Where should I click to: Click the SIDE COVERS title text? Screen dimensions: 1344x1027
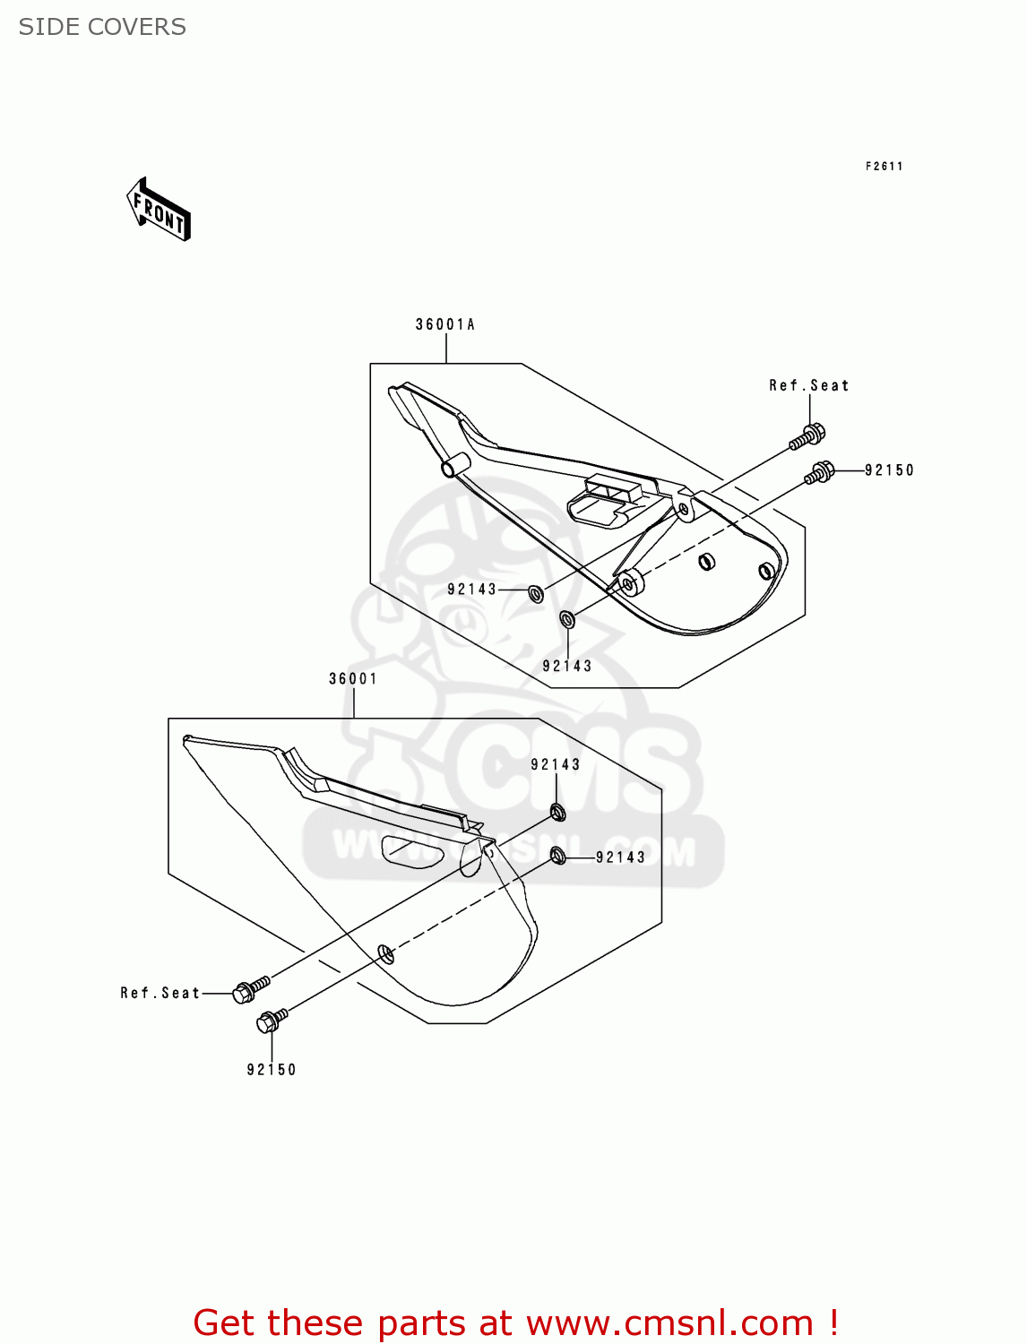(x=102, y=27)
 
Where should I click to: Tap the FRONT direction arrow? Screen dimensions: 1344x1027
(x=160, y=211)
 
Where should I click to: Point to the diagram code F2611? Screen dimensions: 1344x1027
(x=884, y=166)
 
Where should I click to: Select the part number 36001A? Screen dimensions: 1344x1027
(x=445, y=324)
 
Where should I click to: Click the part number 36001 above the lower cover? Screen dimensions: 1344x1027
(x=353, y=679)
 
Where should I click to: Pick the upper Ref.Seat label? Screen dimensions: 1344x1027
(x=808, y=385)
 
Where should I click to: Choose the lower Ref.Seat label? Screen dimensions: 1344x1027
(x=160, y=993)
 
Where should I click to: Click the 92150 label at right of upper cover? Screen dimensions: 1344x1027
(x=889, y=470)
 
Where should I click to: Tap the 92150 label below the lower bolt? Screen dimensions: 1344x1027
(x=272, y=1070)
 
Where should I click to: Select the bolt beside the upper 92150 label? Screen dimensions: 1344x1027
(x=820, y=471)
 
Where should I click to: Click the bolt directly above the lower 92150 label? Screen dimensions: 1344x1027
(x=272, y=1021)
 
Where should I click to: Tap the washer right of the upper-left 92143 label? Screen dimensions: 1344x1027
(x=536, y=592)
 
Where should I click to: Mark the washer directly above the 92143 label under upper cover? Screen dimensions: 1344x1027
(x=567, y=618)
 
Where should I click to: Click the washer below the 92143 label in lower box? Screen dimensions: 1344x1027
(x=557, y=813)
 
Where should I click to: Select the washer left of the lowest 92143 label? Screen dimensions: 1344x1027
(x=558, y=856)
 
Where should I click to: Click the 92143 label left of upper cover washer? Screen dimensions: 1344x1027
(x=471, y=590)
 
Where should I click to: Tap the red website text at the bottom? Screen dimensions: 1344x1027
(x=515, y=1322)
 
